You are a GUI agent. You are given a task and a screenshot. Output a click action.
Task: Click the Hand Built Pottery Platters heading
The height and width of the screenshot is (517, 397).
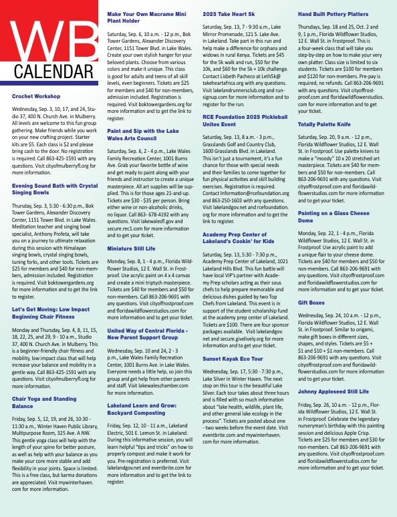(334, 13)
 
